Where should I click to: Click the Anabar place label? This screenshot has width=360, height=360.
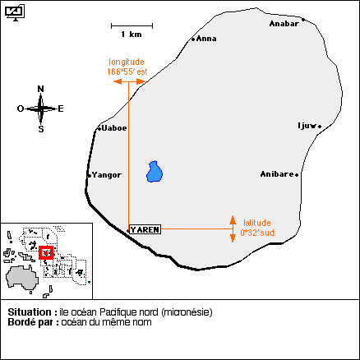click(284, 24)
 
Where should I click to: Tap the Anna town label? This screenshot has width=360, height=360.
click(206, 39)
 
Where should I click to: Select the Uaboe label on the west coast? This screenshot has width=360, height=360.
click(114, 128)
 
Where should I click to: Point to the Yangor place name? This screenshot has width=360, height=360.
click(107, 175)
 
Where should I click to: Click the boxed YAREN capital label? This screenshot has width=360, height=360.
click(145, 229)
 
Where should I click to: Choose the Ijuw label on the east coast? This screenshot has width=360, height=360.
click(307, 126)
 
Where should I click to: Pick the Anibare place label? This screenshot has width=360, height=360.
click(277, 174)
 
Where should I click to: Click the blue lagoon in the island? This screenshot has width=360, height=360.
click(155, 172)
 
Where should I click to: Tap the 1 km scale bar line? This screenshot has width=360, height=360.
click(132, 26)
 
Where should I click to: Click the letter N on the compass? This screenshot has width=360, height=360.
click(40, 89)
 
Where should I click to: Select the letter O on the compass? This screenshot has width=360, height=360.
click(21, 108)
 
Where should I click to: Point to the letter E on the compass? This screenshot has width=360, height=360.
click(61, 108)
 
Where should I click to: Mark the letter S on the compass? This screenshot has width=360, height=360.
click(41, 129)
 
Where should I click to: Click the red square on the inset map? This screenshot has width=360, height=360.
click(46, 252)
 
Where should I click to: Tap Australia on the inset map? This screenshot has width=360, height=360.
click(22, 277)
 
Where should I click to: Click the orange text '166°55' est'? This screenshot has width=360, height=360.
click(127, 72)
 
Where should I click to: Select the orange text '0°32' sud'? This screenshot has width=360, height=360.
click(257, 233)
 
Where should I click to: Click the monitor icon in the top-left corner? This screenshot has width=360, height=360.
click(15, 12)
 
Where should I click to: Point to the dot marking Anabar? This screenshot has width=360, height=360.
click(303, 20)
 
